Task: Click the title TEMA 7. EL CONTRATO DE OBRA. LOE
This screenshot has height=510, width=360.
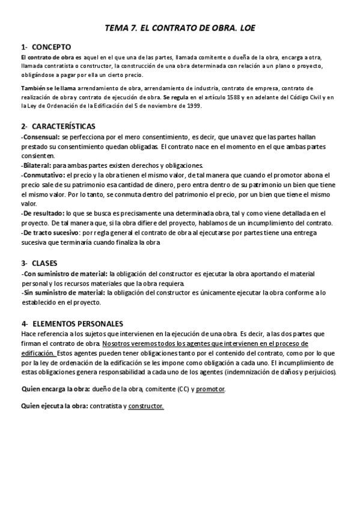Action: click(x=179, y=28)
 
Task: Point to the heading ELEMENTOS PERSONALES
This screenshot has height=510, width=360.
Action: click(x=78, y=324)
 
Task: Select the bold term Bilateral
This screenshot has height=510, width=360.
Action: click(x=37, y=165)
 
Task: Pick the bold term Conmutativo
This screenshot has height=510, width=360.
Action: click(x=43, y=175)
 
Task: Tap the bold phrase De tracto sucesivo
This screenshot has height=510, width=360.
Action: click(x=51, y=232)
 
